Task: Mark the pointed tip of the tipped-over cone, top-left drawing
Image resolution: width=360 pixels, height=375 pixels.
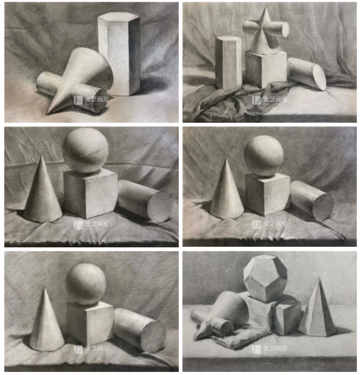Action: (x=49, y=112)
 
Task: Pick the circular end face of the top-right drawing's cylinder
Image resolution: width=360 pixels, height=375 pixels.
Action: (x=319, y=78)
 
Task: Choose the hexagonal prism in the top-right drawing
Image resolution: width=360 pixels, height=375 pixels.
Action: (x=228, y=62)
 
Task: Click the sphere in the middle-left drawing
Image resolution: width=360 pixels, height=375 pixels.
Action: (x=86, y=150)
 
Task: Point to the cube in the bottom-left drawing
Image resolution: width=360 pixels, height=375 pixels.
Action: (x=89, y=322)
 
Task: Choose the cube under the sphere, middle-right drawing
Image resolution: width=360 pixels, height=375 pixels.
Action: (x=267, y=194)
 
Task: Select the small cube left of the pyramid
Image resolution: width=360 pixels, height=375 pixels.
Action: (x=287, y=318)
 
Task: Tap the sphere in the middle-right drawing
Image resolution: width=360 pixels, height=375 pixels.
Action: (x=264, y=156)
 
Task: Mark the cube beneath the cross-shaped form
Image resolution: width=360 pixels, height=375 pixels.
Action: (x=265, y=69)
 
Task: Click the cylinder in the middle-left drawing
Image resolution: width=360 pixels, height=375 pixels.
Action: (x=144, y=200)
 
